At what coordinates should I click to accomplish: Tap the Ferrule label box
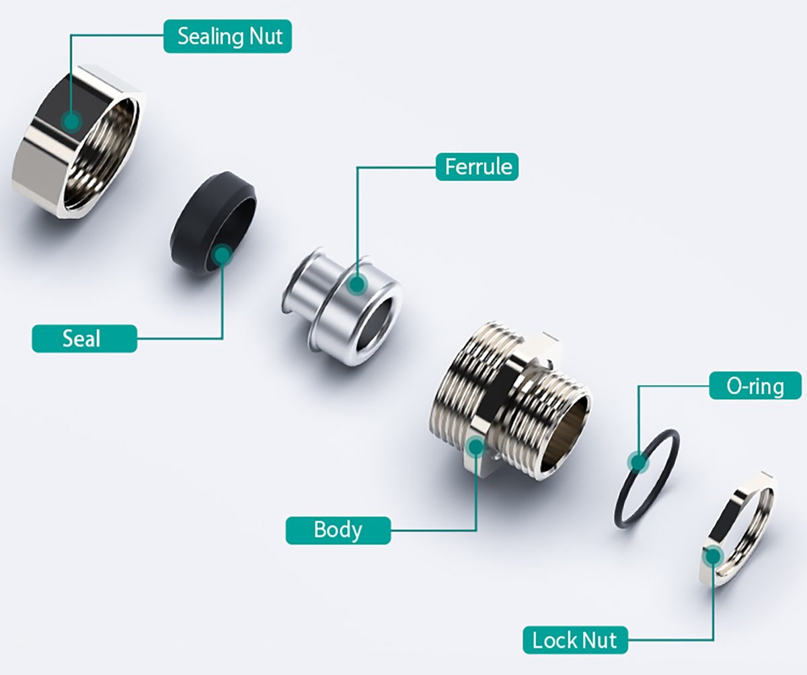477,166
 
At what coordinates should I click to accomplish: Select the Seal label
84,339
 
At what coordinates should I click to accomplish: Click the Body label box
338,530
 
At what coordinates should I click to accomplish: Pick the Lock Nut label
574,639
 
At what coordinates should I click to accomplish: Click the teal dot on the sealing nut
71,121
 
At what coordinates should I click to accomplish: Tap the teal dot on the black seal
222,254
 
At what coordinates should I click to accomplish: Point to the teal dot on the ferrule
357,285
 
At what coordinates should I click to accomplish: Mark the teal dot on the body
476,445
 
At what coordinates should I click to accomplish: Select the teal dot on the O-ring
637,462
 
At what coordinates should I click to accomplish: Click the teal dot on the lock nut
712,555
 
